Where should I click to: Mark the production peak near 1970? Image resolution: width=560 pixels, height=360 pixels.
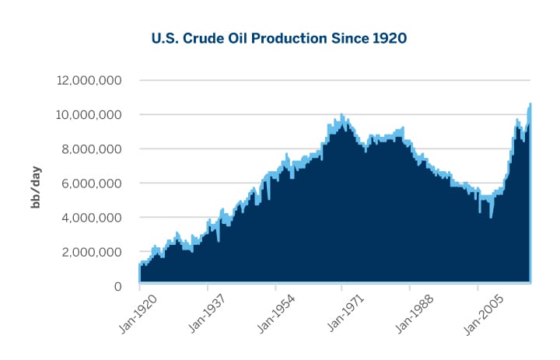[x=341, y=114]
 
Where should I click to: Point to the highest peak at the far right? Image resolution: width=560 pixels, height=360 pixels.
[x=530, y=103]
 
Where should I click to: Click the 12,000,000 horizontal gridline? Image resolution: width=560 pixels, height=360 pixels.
[x=334, y=80]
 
